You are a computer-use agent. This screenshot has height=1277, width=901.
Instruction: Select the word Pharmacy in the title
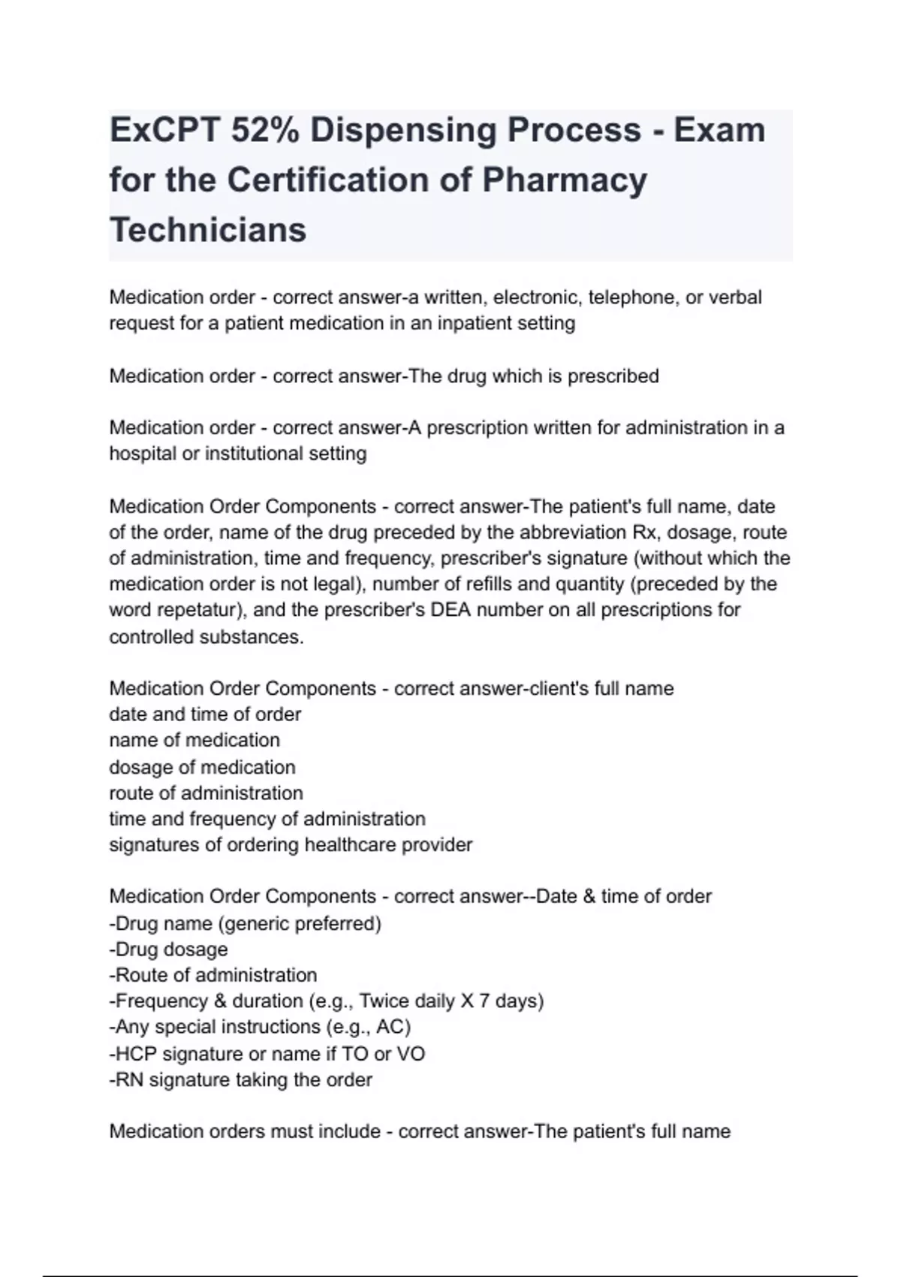coord(564,180)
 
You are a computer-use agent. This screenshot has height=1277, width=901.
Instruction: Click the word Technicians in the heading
coord(208,230)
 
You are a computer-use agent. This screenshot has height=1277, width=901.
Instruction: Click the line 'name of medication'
coord(194,740)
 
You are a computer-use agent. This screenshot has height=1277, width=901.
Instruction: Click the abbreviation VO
coord(411,1054)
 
